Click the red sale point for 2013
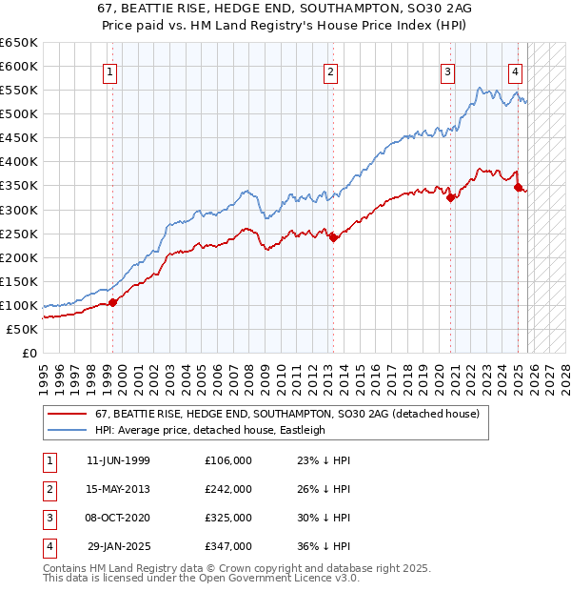[x=333, y=237]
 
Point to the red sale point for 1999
[x=112, y=302]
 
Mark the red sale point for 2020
[x=451, y=197]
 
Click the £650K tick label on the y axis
[x=19, y=43]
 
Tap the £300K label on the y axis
[x=19, y=210]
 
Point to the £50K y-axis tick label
[x=22, y=329]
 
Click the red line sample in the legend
[x=67, y=414]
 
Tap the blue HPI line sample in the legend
[x=67, y=430]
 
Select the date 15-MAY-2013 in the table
[x=118, y=488]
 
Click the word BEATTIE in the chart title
[x=175, y=8]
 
